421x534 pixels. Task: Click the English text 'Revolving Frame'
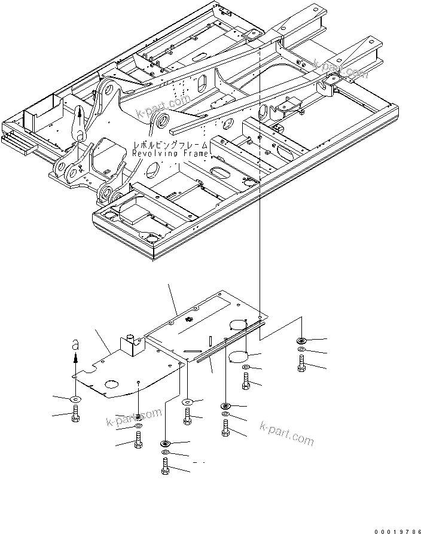(x=171, y=154)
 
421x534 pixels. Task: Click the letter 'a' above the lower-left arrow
(x=75, y=344)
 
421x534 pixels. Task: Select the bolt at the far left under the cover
(x=75, y=413)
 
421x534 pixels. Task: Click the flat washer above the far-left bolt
(x=75, y=398)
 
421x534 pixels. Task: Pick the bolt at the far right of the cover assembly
(x=301, y=364)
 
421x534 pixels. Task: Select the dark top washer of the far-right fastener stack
(x=301, y=341)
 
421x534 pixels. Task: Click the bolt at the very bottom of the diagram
(x=164, y=466)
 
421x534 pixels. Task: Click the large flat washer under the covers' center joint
(x=188, y=402)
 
